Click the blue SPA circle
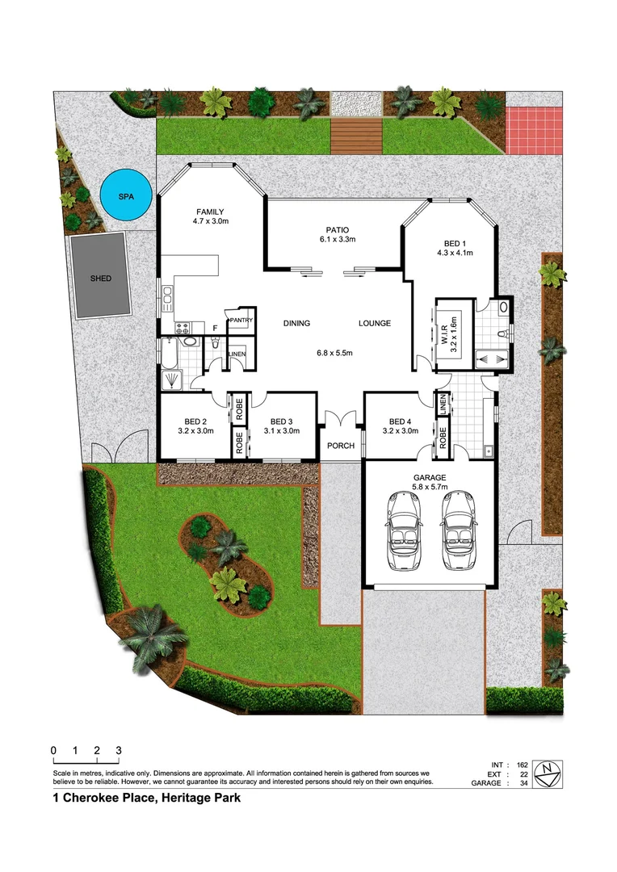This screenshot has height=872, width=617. tap(125, 196)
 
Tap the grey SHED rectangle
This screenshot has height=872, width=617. tap(101, 277)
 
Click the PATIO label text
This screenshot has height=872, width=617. tap(335, 229)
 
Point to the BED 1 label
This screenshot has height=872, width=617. tap(455, 243)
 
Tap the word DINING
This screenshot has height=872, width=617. tap(296, 324)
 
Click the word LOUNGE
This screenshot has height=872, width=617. tap(375, 324)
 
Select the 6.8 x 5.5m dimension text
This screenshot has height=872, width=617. tap(335, 353)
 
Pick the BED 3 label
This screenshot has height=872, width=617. tap(280, 421)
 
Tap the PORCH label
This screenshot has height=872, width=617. tap(340, 446)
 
